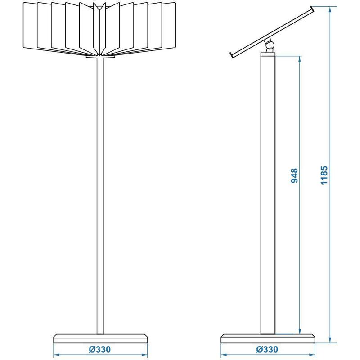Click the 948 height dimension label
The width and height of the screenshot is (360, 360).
tap(294, 175)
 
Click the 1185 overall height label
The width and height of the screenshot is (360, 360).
tap(324, 175)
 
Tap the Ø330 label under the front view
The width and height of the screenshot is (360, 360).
tap(100, 350)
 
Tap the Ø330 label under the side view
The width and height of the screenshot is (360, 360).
tap(267, 350)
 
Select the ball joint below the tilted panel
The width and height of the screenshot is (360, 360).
tap(269, 45)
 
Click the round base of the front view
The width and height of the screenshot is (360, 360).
tap(100, 339)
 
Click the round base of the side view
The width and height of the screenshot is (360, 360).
tap(268, 339)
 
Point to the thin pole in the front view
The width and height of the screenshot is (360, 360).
tap(100, 196)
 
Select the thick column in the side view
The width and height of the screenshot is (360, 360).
tap(268, 193)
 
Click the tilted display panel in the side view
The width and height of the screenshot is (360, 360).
tap(272, 32)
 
